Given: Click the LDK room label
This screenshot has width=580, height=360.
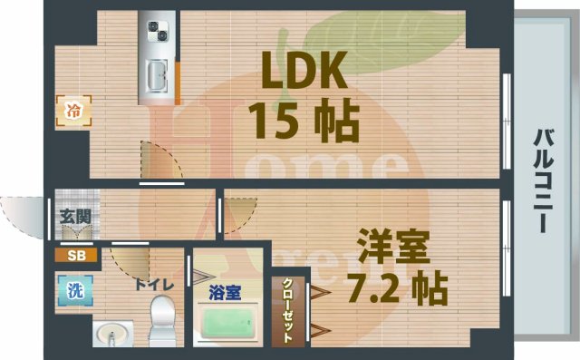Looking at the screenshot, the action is (x=302, y=68).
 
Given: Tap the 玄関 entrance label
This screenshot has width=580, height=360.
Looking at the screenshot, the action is (x=74, y=217).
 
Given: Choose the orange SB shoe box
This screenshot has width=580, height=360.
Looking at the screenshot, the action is (x=73, y=255).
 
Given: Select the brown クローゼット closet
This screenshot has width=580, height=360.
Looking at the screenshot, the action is (x=289, y=311).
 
